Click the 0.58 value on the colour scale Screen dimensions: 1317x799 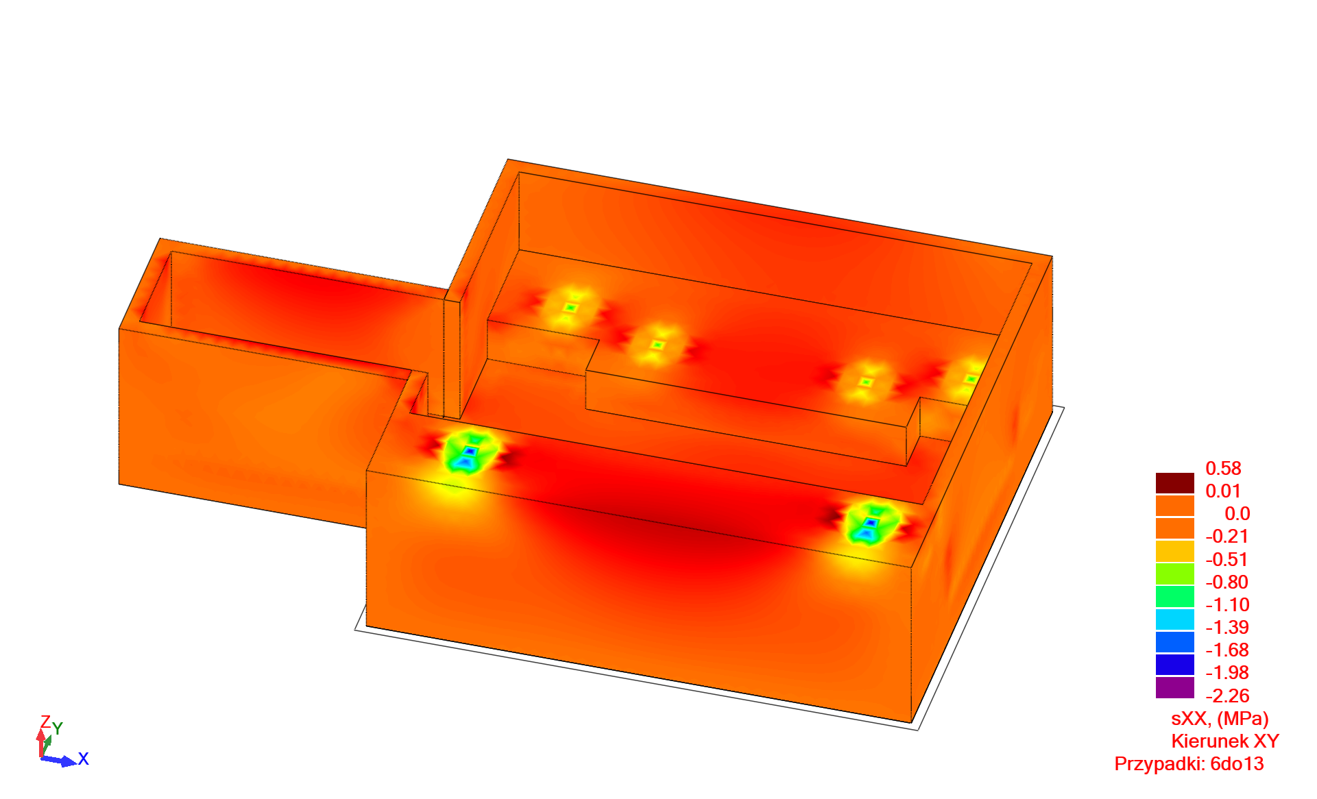click(x=1223, y=469)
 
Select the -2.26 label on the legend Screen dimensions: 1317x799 click(x=1227, y=696)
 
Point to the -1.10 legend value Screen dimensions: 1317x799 click(x=1227, y=605)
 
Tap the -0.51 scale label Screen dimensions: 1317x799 click(x=1227, y=560)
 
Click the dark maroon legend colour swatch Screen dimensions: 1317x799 click(x=1175, y=483)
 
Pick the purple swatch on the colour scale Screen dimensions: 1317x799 click(x=1175, y=688)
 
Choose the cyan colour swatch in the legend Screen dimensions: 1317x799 click(x=1175, y=619)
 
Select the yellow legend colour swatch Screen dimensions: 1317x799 click(x=1175, y=551)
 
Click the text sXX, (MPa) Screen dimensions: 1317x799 click(x=1220, y=719)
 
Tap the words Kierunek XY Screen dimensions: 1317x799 click(x=1225, y=741)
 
